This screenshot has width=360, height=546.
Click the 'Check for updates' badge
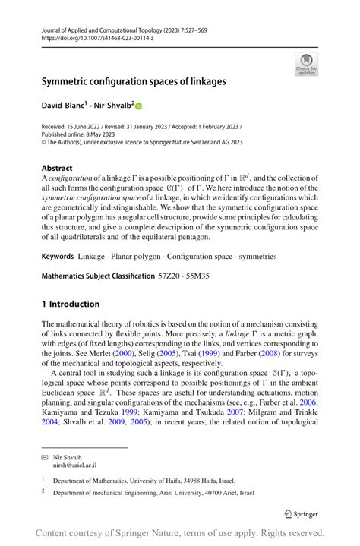306,65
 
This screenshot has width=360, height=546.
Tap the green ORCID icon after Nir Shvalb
139,107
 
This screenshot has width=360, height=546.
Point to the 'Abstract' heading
57,168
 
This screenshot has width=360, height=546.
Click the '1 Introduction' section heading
71,304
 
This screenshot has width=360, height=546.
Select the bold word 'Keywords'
58,257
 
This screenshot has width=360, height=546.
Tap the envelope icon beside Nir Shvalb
44,458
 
